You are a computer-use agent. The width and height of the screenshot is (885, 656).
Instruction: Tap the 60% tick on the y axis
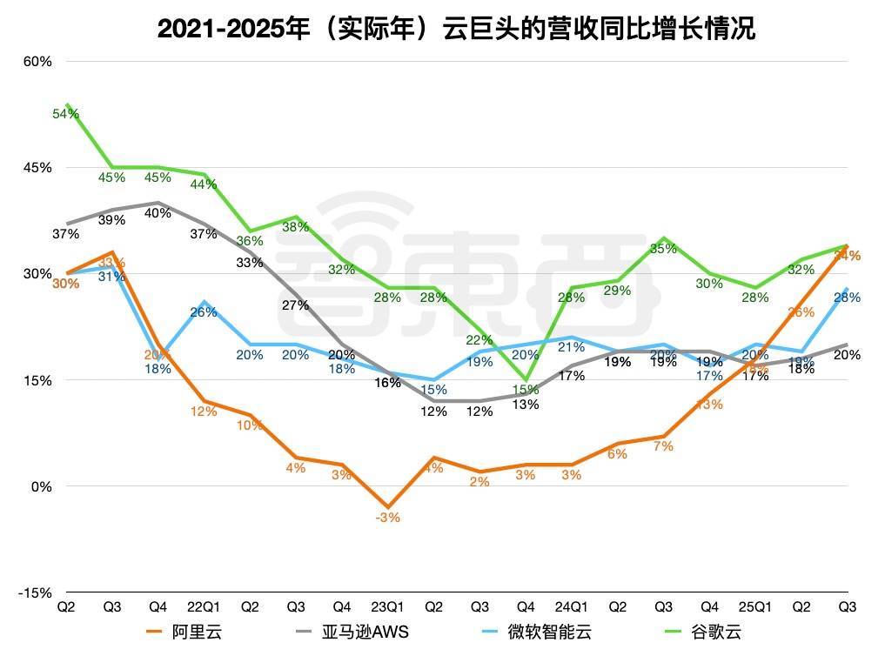point(37,62)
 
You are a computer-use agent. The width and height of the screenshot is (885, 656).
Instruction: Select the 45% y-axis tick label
point(37,168)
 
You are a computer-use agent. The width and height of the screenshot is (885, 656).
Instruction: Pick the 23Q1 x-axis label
point(387,606)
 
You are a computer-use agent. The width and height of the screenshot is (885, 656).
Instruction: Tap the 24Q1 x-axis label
point(572,606)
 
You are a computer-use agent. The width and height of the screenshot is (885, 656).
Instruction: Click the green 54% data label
point(66,114)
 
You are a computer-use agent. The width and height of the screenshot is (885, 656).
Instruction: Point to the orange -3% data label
point(388,517)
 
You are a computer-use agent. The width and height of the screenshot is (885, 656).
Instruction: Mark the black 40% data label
point(158,213)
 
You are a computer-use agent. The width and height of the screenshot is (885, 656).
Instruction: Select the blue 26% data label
point(204,312)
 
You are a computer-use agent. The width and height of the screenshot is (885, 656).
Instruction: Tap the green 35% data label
point(664,249)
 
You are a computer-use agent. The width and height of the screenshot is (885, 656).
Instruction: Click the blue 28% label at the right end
point(848,298)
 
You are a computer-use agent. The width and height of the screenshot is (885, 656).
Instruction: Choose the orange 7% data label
point(664,446)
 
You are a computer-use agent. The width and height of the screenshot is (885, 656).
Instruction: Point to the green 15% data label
point(525,389)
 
